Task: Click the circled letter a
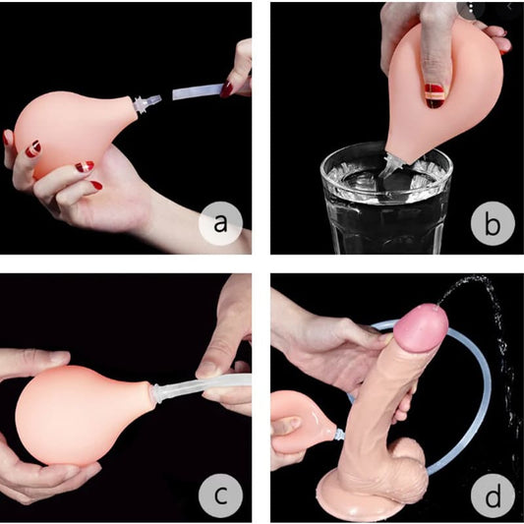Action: pyautogui.click(x=220, y=223)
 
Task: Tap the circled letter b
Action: pyautogui.click(x=493, y=223)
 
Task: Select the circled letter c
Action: pyautogui.click(x=220, y=495)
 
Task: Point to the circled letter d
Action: pyautogui.click(x=493, y=495)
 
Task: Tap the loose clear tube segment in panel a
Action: pyautogui.click(x=198, y=91)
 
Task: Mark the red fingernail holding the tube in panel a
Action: pyautogui.click(x=226, y=88)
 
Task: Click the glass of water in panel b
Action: pyautogui.click(x=386, y=199)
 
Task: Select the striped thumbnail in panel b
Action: pyautogui.click(x=435, y=96)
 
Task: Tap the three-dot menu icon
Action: pyautogui.click(x=471, y=10)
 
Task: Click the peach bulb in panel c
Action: pyautogui.click(x=84, y=416)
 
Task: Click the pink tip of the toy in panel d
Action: pyautogui.click(x=421, y=328)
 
